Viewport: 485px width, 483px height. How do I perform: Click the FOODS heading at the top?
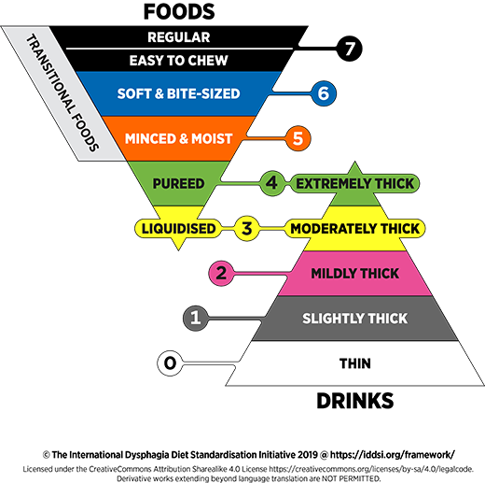click(x=179, y=12)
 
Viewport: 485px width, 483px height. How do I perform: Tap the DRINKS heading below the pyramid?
click(x=355, y=401)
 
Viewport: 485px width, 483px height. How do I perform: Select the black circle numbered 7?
click(x=350, y=49)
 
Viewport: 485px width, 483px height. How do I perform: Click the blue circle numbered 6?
click(x=324, y=93)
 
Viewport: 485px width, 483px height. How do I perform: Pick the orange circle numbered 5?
click(x=298, y=138)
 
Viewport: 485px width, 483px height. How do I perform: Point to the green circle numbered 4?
click(x=272, y=183)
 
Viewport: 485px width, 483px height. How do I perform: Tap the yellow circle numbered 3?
click(x=246, y=228)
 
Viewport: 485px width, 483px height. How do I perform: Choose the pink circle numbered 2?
click(x=221, y=274)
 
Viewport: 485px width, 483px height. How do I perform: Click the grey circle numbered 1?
click(x=195, y=318)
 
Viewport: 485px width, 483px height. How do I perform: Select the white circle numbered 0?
click(x=170, y=363)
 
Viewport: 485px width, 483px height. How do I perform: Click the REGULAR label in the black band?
click(x=179, y=37)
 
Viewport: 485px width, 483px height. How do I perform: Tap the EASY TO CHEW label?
click(x=179, y=61)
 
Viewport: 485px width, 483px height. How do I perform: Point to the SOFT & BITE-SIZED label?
click(x=179, y=93)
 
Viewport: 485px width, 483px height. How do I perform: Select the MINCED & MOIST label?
click(x=179, y=138)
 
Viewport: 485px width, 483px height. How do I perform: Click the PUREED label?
click(x=178, y=183)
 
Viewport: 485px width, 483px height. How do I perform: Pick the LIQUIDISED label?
click(x=179, y=229)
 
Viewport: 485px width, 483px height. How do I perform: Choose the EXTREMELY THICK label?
click(x=355, y=183)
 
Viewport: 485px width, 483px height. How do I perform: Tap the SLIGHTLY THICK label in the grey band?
click(x=355, y=319)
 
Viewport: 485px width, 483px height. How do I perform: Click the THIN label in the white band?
click(x=355, y=363)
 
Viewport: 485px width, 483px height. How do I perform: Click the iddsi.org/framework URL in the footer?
click(x=393, y=455)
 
